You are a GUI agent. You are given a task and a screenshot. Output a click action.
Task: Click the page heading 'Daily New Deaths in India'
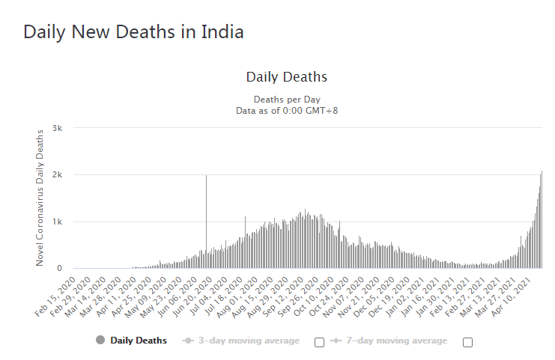tap(133, 33)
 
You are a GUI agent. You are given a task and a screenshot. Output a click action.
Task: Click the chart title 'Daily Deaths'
tap(286, 77)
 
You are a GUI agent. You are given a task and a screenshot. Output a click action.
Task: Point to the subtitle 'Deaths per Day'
tap(286, 100)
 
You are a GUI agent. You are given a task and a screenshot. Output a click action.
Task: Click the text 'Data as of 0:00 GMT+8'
tap(286, 111)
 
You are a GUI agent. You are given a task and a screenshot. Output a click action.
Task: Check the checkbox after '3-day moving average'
tap(320, 342)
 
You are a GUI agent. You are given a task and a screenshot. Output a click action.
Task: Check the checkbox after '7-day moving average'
tap(468, 342)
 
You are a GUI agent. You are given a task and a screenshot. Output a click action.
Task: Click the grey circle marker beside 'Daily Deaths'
tap(100, 341)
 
